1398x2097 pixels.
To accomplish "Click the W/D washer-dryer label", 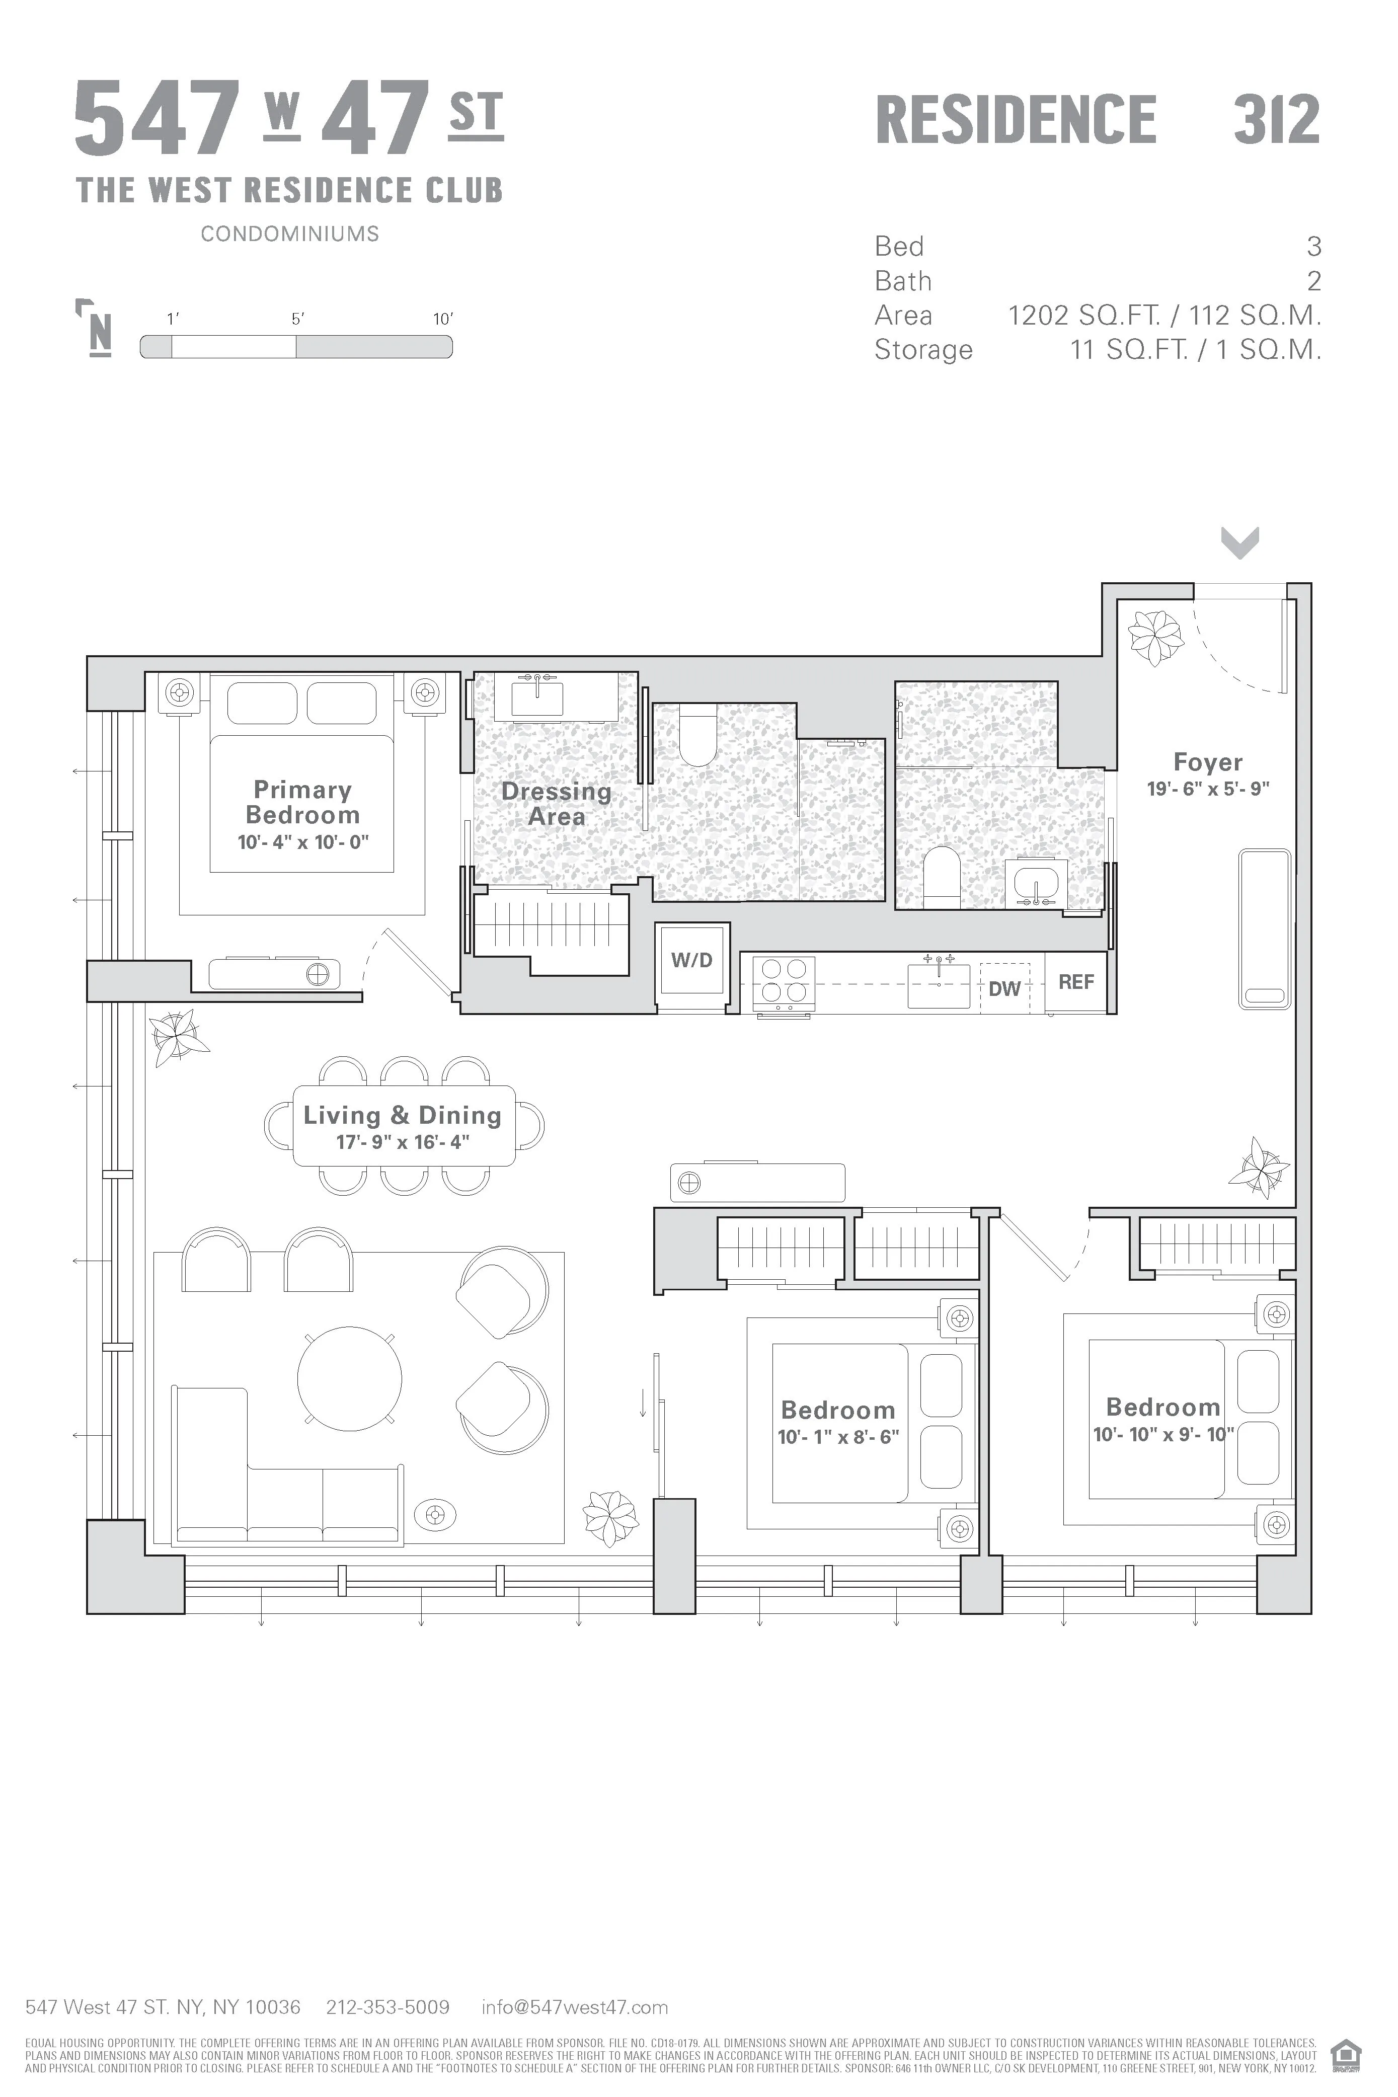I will pos(692,960).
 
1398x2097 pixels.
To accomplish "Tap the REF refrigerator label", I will pos(1075,982).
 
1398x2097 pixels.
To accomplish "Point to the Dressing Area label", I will pos(557,803).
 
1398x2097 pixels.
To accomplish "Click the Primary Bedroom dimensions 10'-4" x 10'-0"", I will pos(303,841).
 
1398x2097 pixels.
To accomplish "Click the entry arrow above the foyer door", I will pos(1239,541).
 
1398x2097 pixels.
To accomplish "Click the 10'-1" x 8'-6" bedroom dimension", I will pos(838,1436).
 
